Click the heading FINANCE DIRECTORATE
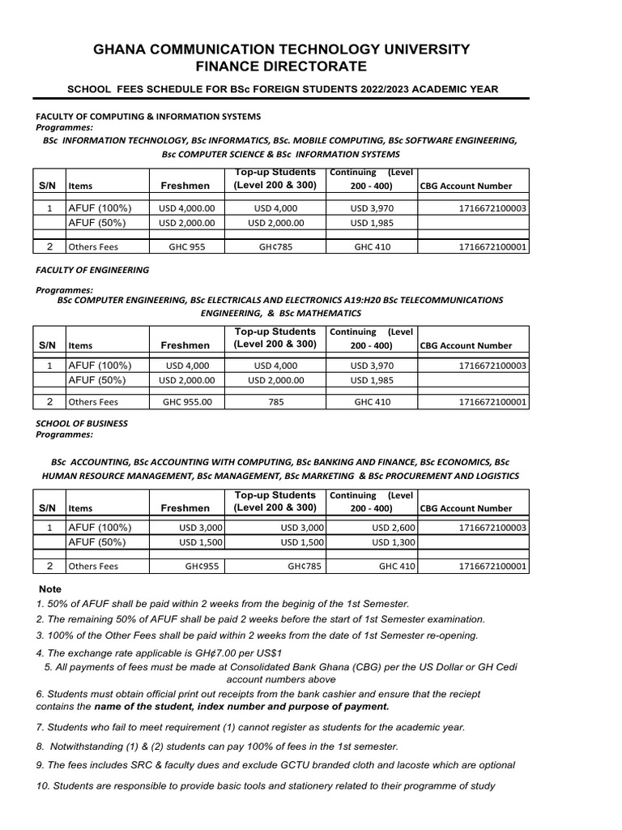coord(281,66)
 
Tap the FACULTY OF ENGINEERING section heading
coord(92,269)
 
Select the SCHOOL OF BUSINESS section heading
coord(82,423)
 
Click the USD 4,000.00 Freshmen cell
coord(187,208)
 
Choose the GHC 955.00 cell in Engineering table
coord(187,401)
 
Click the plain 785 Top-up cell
coord(275,401)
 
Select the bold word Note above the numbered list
coord(50,588)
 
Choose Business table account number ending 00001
coord(492,567)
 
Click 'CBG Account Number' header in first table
coord(466,186)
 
